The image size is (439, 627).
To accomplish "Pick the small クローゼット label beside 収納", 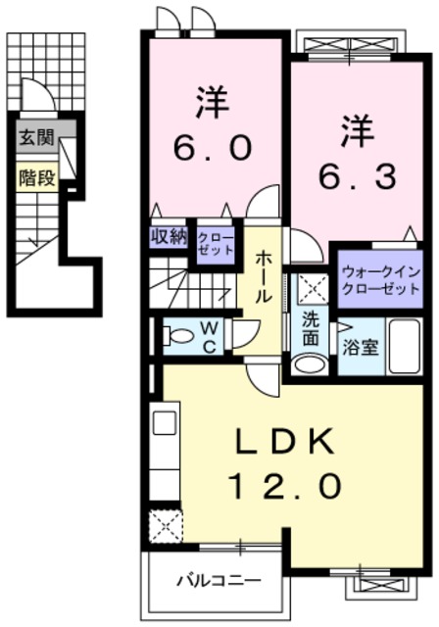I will (216, 243).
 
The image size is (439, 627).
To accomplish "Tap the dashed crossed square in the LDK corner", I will (163, 527).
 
